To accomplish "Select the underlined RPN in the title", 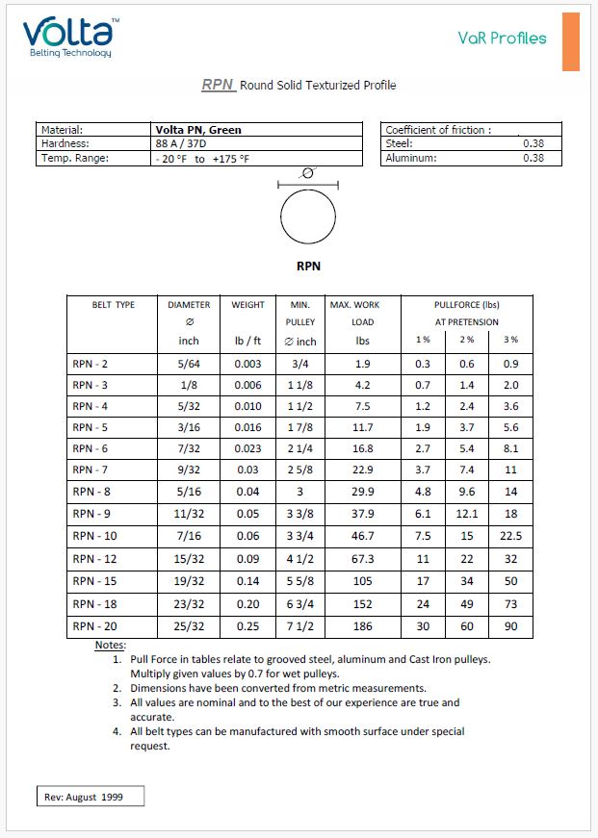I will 218,85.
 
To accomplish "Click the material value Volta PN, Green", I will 198,130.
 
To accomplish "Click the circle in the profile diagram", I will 308,217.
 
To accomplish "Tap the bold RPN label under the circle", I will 308,266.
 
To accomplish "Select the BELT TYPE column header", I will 113,305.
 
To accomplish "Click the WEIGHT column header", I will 247,305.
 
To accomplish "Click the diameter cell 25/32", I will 189,625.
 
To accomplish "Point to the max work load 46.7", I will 362,535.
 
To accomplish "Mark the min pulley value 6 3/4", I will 299,603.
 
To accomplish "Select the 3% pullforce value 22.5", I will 510,535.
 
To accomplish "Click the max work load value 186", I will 362,625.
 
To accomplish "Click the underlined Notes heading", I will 110,645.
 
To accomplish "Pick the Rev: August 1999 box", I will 89,797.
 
